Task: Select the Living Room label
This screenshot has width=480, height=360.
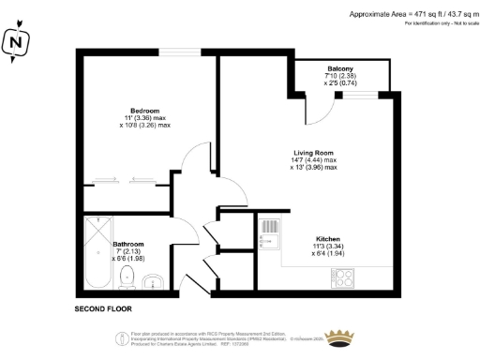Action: click(314, 153)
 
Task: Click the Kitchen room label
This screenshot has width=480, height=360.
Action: click(328, 238)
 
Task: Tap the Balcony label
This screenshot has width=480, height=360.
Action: click(340, 69)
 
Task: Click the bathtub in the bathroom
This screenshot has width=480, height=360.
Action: click(97, 254)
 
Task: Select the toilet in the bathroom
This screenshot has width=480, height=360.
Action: click(131, 277)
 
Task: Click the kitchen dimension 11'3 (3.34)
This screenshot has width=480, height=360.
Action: click(328, 246)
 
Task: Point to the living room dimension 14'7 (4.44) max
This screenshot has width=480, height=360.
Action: click(314, 161)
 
